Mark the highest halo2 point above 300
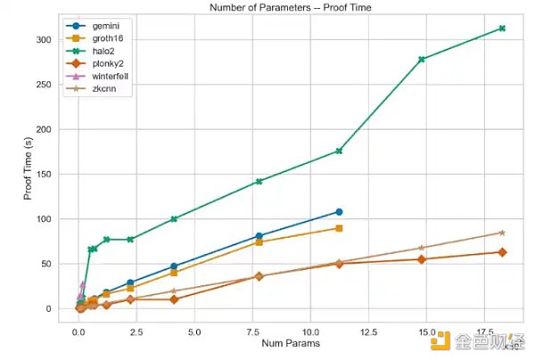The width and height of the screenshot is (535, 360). [502, 29]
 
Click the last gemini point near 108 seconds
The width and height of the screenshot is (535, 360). [339, 211]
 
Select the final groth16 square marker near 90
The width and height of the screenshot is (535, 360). [339, 228]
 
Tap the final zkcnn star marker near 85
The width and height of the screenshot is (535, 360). [502, 233]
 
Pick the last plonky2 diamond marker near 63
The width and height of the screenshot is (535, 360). [502, 252]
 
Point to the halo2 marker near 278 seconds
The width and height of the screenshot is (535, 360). [421, 60]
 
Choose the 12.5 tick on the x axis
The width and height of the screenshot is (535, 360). [366, 332]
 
